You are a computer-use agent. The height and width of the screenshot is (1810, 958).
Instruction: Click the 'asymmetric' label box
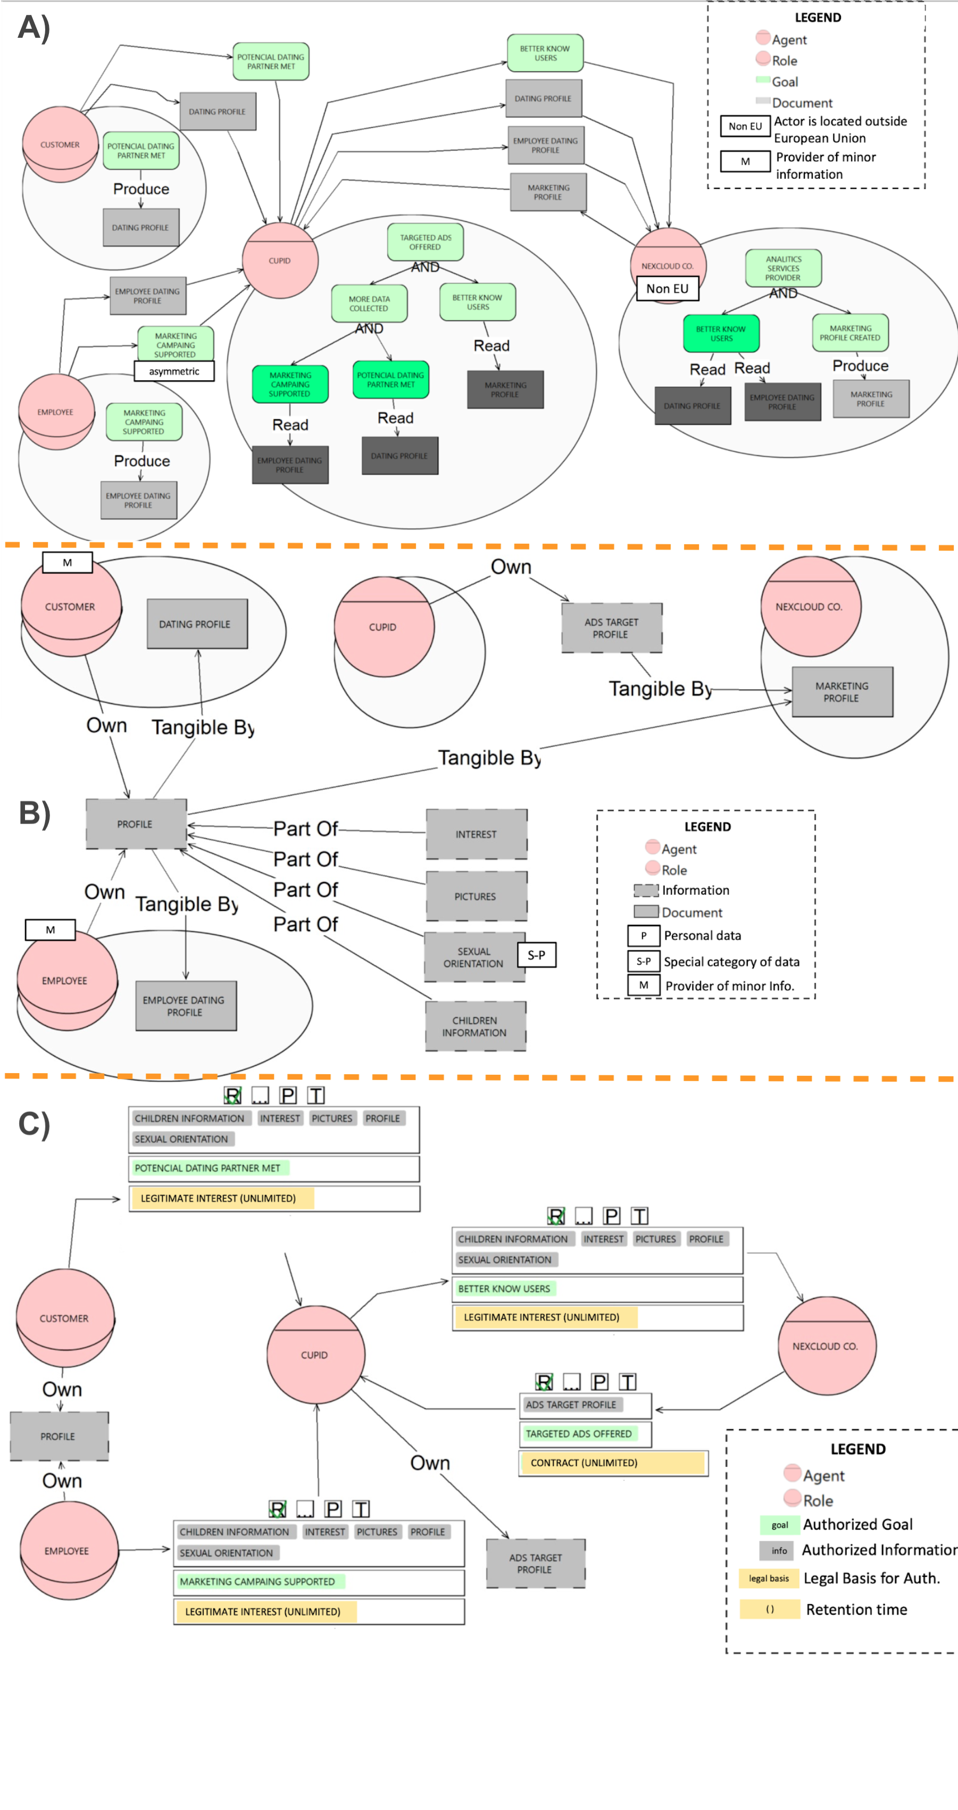click(174, 371)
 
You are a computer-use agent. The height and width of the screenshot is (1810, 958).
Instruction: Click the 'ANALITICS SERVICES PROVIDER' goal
click(783, 268)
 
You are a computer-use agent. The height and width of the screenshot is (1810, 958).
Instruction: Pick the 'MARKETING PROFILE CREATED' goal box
click(850, 333)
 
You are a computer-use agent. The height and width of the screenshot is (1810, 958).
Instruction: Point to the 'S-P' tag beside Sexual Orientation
click(537, 955)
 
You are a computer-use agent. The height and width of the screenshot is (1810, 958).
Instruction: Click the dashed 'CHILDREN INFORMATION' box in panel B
click(475, 1026)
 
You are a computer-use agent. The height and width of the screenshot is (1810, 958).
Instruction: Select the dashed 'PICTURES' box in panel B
click(476, 896)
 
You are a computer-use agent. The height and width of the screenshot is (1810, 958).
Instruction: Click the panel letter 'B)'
click(34, 813)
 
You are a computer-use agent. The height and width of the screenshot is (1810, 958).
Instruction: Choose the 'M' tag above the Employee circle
click(50, 929)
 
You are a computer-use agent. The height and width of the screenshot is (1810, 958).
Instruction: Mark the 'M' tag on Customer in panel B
click(68, 563)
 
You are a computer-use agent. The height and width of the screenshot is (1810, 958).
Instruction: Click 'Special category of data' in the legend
click(731, 962)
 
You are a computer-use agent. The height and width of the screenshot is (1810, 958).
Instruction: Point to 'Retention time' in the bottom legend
click(856, 1609)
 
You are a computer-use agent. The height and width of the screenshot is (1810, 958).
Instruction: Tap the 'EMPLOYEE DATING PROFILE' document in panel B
click(186, 1006)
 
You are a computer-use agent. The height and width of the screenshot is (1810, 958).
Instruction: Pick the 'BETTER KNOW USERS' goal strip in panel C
click(504, 1289)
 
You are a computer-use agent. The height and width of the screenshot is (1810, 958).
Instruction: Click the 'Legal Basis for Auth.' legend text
click(871, 1578)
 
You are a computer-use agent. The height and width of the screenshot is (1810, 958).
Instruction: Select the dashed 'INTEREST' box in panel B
click(476, 834)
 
